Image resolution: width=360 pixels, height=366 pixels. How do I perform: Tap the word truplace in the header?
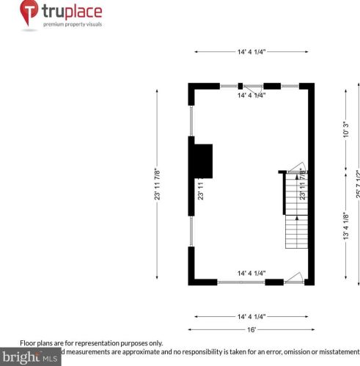(72, 11)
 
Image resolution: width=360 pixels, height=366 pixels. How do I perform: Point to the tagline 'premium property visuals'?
(72, 24)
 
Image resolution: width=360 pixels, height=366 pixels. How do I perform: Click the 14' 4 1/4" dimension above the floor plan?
(251, 51)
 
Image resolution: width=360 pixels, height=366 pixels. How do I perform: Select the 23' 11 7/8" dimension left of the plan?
(156, 183)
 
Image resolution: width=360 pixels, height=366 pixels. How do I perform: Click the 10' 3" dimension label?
(345, 132)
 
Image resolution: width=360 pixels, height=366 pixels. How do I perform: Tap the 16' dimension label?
(251, 329)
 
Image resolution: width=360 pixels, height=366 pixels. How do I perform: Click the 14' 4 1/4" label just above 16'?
(251, 317)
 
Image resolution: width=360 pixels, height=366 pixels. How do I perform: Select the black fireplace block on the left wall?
(202, 161)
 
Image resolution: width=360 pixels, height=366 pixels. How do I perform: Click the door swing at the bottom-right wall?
(295, 277)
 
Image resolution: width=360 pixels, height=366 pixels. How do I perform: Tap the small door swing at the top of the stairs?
(296, 168)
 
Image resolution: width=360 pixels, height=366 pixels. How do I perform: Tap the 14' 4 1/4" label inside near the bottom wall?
(251, 273)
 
